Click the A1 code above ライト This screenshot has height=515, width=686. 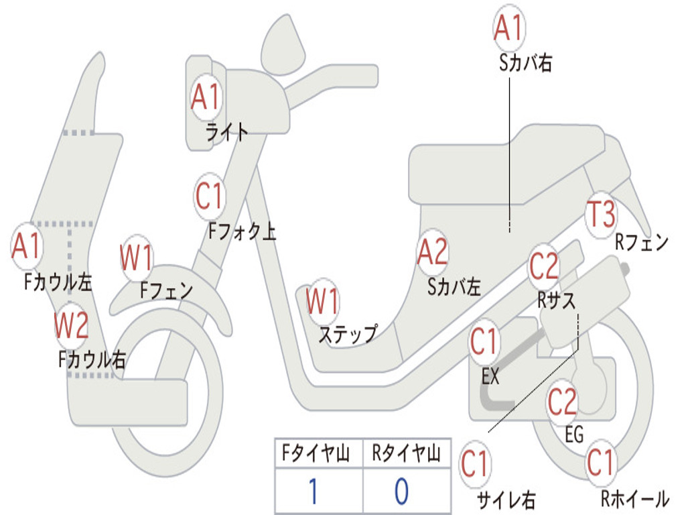pos(205,98)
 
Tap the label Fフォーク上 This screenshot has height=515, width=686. pos(242,232)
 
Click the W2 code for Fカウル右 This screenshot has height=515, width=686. pos(71,327)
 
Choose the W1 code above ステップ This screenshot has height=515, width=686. pos(322,302)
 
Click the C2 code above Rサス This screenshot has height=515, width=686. pos(543,268)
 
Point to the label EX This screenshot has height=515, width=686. pos(490,377)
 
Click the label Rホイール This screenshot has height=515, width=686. pos(634,498)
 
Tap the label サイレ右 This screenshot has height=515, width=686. pos(506,500)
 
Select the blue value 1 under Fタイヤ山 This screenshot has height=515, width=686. pos(312,491)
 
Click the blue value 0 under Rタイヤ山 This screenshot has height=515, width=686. pos(401,491)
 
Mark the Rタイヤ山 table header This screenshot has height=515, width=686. pos(406,455)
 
